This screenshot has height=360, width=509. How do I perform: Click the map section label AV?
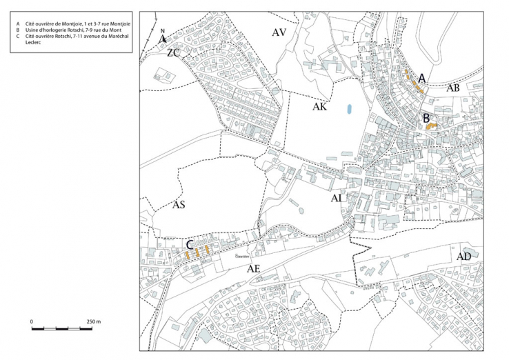(x=279, y=32)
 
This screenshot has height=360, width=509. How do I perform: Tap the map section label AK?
(x=319, y=108)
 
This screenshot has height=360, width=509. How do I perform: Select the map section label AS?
(x=179, y=205)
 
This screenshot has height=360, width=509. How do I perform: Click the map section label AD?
(x=463, y=256)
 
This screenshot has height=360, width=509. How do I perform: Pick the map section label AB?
(x=453, y=88)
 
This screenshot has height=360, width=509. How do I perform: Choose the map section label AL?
(x=337, y=199)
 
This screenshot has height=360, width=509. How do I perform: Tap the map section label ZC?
(x=173, y=52)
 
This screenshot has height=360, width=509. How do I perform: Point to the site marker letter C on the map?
(x=189, y=244)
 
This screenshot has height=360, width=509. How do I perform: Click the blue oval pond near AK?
(x=349, y=109)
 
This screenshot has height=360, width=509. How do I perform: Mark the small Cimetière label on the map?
(x=242, y=254)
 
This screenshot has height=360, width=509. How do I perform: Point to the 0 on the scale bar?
(x=32, y=321)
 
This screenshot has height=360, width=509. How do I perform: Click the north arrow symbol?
(x=163, y=39)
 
